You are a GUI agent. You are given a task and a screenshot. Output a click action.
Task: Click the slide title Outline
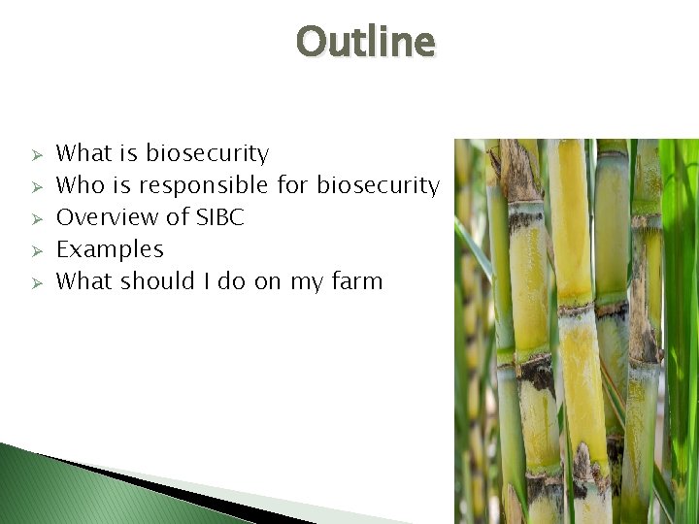coord(366,42)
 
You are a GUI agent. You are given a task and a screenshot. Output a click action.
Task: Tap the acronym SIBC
coord(220,217)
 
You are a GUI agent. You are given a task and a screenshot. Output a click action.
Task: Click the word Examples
coord(110,249)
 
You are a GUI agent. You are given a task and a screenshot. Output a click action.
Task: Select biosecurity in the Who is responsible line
coord(379,185)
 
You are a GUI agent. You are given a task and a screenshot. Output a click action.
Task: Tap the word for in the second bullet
coord(294,185)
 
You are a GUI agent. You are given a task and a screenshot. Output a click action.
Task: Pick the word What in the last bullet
coord(84,281)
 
